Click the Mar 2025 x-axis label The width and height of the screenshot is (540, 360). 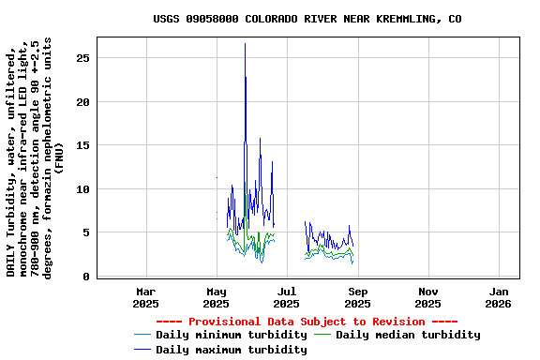pyautogui.click(x=145, y=297)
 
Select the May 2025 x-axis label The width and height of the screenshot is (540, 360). pyautogui.click(x=217, y=297)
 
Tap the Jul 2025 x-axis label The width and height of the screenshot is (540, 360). pyautogui.click(x=287, y=297)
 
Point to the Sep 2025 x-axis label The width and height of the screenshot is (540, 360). pyautogui.click(x=357, y=297)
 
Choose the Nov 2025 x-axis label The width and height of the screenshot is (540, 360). pyautogui.click(x=427, y=297)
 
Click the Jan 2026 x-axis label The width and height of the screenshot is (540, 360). pyautogui.click(x=498, y=297)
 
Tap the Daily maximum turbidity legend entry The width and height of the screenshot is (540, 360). pyautogui.click(x=231, y=350)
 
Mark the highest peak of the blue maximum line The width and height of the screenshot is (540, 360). pyautogui.click(x=246, y=43)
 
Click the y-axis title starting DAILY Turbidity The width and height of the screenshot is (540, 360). pyautogui.click(x=35, y=157)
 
